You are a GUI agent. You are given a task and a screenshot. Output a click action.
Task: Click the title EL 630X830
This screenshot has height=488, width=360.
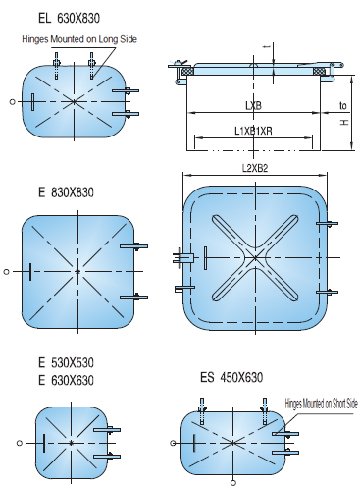coord(69,18)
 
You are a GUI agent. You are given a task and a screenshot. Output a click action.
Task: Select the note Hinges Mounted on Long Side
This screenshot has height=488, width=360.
coord(79,39)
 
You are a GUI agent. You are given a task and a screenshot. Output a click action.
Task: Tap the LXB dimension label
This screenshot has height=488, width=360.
coord(253,105)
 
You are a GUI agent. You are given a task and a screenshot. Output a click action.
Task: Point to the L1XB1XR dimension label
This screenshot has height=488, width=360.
coord(253,131)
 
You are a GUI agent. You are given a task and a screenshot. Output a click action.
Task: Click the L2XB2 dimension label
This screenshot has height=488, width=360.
coord(255,168)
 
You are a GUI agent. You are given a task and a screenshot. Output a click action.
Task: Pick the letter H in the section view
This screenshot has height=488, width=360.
coord(344,123)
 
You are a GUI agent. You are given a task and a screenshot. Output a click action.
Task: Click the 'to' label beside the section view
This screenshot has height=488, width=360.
coord(342,105)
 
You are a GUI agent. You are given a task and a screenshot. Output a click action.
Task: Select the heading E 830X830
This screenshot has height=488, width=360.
coord(66,192)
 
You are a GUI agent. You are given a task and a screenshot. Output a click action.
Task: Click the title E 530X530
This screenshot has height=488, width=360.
coord(66,362)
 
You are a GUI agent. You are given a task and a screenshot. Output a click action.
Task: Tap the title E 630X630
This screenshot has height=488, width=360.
coord(66,380)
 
